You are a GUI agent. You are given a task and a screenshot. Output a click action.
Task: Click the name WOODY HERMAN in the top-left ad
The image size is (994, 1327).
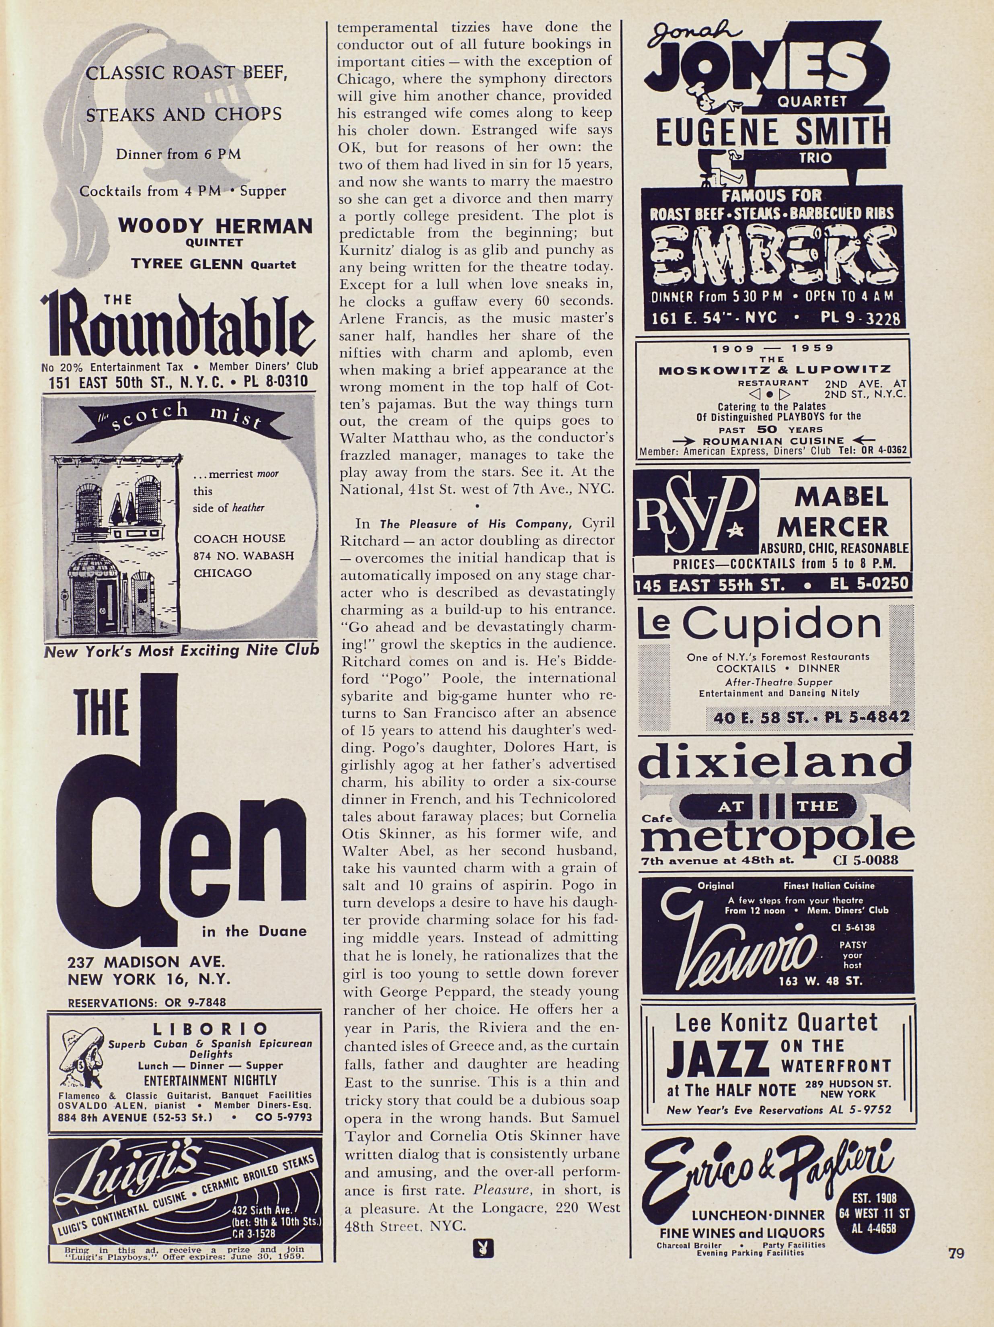pos(215,226)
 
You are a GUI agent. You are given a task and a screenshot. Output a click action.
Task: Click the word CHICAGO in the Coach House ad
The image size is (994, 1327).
pos(222,573)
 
